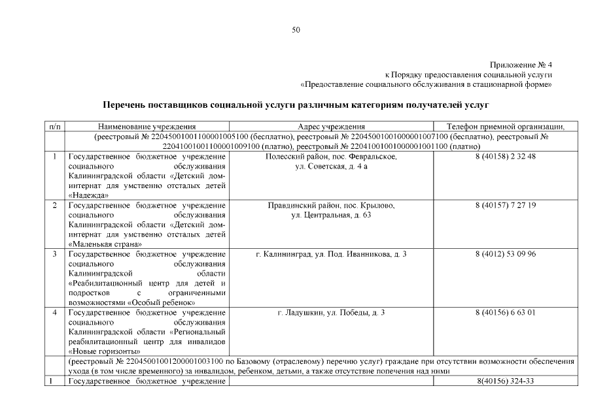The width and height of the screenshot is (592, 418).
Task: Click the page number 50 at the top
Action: coord(296,29)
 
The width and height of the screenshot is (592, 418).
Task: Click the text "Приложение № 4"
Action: coord(521,65)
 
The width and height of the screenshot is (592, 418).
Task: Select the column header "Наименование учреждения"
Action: coord(147,127)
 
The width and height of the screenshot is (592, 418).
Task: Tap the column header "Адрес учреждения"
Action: coord(331,127)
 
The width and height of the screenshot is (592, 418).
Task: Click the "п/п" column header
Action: coord(54,127)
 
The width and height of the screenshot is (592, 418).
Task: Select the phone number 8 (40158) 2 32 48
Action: coord(506,157)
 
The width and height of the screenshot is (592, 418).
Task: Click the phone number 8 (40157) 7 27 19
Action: coord(506,205)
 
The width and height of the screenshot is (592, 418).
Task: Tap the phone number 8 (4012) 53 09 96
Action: coord(506,254)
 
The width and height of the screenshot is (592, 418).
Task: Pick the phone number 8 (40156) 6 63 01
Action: coord(506,312)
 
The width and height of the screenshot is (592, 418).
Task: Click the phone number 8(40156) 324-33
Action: coord(506,380)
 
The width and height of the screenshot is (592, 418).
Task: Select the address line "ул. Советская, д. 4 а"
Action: coord(331,167)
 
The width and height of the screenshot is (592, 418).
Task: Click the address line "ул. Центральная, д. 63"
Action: coord(331,215)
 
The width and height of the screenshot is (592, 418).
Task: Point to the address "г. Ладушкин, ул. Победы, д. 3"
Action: coord(331,312)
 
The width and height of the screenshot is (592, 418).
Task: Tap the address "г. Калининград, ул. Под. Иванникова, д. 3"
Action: coord(331,254)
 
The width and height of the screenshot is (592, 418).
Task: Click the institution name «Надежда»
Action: coord(89,195)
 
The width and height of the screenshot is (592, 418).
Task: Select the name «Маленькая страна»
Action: coord(105,244)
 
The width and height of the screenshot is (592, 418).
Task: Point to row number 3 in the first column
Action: coord(54,254)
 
